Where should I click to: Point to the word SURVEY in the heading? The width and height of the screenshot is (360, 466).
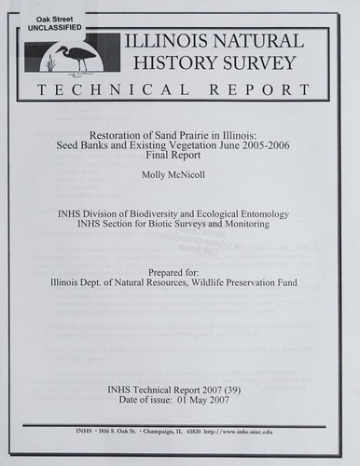262,64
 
